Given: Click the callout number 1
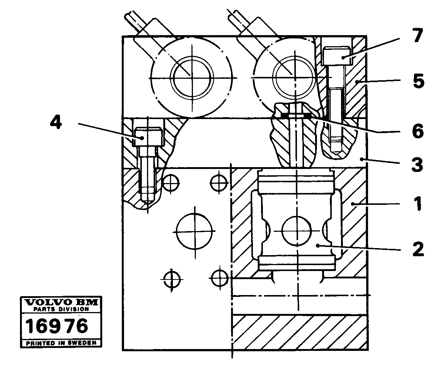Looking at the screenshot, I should coord(417,204).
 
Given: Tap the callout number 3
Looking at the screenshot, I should coord(417,165).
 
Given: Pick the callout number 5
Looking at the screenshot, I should coord(418,81).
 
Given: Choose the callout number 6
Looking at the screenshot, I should coord(418,131).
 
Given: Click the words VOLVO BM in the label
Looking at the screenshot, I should coord(61,302).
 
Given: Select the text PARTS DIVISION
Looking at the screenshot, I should coord(61,309).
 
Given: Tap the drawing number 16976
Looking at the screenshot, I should coord(57,326).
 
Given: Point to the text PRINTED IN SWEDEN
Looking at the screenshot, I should coord(61,343).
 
